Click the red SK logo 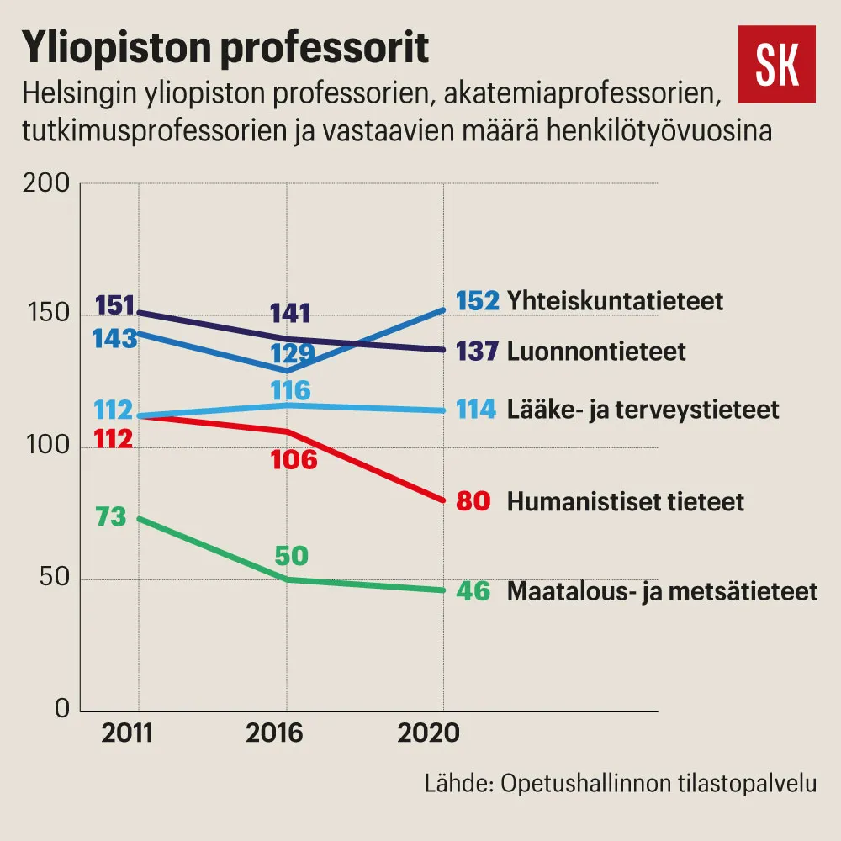click(776, 64)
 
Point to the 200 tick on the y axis click(46, 183)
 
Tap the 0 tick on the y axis click(62, 708)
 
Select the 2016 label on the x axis click(274, 733)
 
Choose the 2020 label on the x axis click(429, 733)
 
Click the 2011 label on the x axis click(127, 733)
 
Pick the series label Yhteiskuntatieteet click(616, 301)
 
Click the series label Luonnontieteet click(596, 352)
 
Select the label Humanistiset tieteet click(626, 502)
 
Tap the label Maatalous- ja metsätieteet click(663, 591)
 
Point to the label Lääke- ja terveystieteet click(643, 410)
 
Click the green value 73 click(111, 517)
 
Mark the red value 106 click(294, 460)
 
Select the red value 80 click(473, 502)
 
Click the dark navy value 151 click(114, 306)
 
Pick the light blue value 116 click(291, 391)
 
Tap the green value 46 click(473, 591)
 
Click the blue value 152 click(478, 301)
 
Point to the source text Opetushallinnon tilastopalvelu click(659, 784)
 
